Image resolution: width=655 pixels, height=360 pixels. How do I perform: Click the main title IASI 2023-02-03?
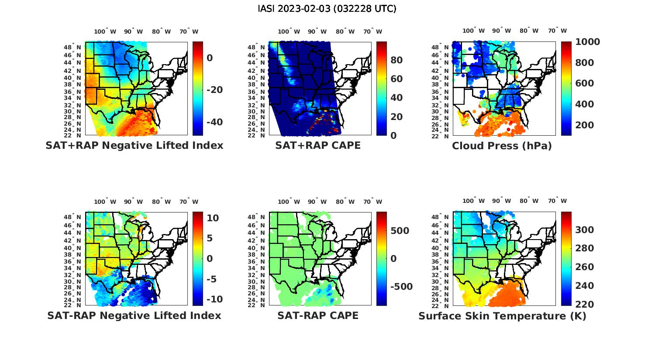click(x=327, y=9)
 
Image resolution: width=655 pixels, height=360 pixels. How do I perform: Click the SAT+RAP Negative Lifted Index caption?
click(x=134, y=146)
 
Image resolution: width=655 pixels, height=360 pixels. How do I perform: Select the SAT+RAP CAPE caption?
click(x=318, y=146)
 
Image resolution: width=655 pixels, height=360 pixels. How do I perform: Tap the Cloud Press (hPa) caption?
click(x=502, y=146)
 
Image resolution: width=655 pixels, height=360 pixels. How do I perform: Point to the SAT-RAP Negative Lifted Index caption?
click(x=134, y=315)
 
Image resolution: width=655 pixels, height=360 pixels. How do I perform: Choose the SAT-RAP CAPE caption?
click(x=318, y=315)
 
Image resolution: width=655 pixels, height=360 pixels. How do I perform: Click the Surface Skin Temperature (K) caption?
click(x=502, y=316)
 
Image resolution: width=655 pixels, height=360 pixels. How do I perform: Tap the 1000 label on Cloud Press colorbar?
click(x=587, y=42)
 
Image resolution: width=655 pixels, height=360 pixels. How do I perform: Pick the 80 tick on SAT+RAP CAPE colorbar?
click(x=396, y=60)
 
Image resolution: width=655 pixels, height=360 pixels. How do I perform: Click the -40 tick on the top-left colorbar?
click(x=214, y=122)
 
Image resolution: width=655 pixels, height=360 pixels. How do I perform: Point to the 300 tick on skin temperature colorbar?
click(x=585, y=230)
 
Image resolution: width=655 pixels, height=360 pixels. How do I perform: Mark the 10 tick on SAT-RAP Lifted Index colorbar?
click(x=213, y=218)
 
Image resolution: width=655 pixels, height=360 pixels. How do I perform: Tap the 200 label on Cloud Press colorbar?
click(x=585, y=125)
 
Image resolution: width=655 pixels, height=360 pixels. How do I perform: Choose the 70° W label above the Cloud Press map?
click(x=557, y=31)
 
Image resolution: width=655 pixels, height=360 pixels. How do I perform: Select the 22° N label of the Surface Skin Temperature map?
click(x=440, y=305)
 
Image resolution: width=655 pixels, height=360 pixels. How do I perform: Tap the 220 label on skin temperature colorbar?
click(x=585, y=305)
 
